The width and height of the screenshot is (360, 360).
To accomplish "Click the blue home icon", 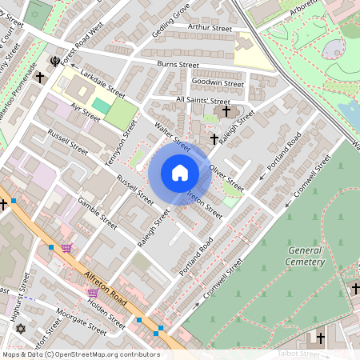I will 180,172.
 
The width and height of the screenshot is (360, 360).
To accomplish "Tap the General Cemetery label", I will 306,256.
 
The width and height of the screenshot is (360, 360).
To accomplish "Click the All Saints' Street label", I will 202,100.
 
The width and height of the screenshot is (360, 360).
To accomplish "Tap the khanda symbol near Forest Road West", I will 54,61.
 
